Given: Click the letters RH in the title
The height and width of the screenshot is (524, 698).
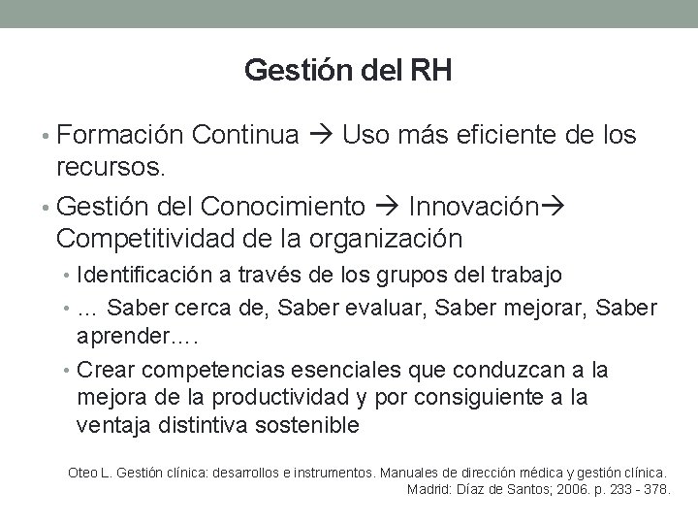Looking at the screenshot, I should click(431, 71).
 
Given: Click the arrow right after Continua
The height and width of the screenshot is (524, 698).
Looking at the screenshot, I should click(320, 136).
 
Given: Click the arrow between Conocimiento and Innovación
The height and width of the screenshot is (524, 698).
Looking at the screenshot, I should click(388, 208).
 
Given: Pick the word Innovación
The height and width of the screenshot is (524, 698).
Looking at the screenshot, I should click(472, 207).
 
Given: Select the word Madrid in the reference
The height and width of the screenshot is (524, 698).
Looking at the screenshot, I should click(426, 489).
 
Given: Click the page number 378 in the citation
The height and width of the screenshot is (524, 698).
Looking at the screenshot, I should click(657, 489).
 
